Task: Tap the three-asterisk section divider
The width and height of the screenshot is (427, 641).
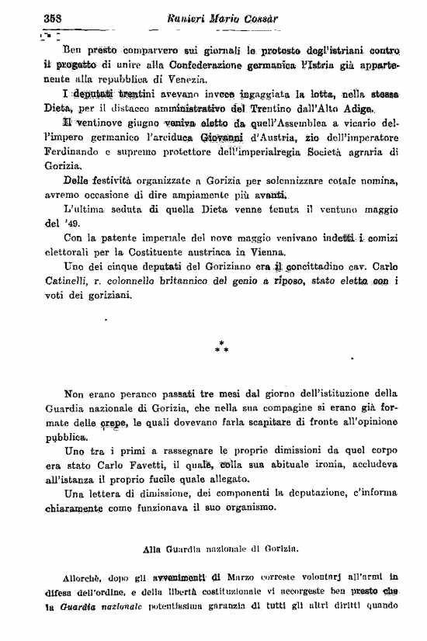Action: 223,345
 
